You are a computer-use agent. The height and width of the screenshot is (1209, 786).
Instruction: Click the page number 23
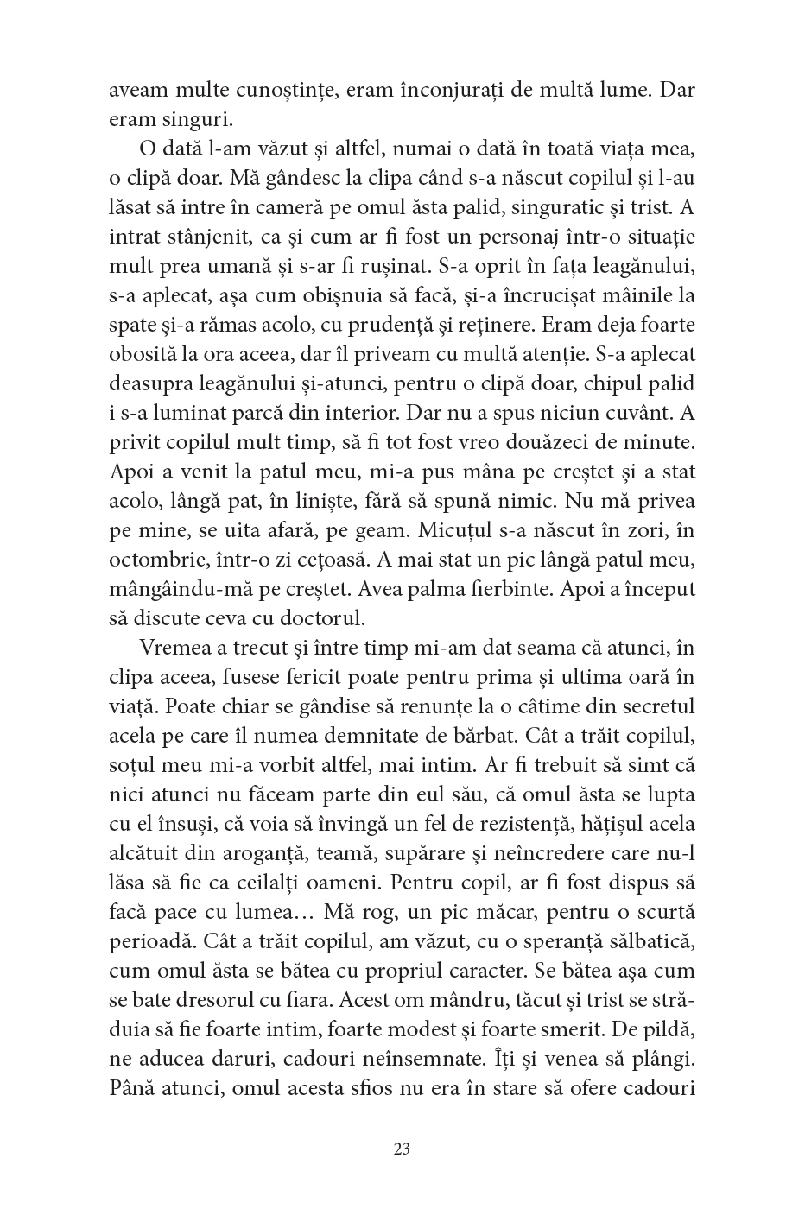401,1149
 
